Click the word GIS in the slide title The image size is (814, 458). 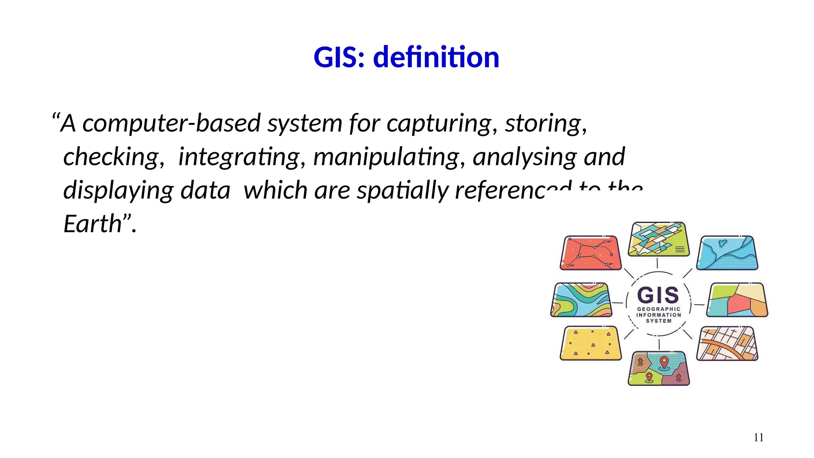(338, 57)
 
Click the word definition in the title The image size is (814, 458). (436, 57)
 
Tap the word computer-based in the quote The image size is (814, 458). (171, 123)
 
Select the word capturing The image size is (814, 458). (439, 123)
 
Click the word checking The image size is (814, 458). (111, 157)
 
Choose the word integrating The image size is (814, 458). (239, 157)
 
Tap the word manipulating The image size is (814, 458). (386, 157)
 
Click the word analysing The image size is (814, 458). (524, 157)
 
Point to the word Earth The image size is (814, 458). (92, 224)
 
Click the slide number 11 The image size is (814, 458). (758, 438)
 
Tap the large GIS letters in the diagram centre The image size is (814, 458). (658, 295)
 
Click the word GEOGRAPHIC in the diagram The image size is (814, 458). (659, 309)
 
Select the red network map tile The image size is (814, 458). (591, 253)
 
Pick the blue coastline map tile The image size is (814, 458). (727, 253)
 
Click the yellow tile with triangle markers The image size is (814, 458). (591, 343)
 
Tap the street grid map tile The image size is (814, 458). (727, 343)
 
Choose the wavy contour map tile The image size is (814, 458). (581, 300)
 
